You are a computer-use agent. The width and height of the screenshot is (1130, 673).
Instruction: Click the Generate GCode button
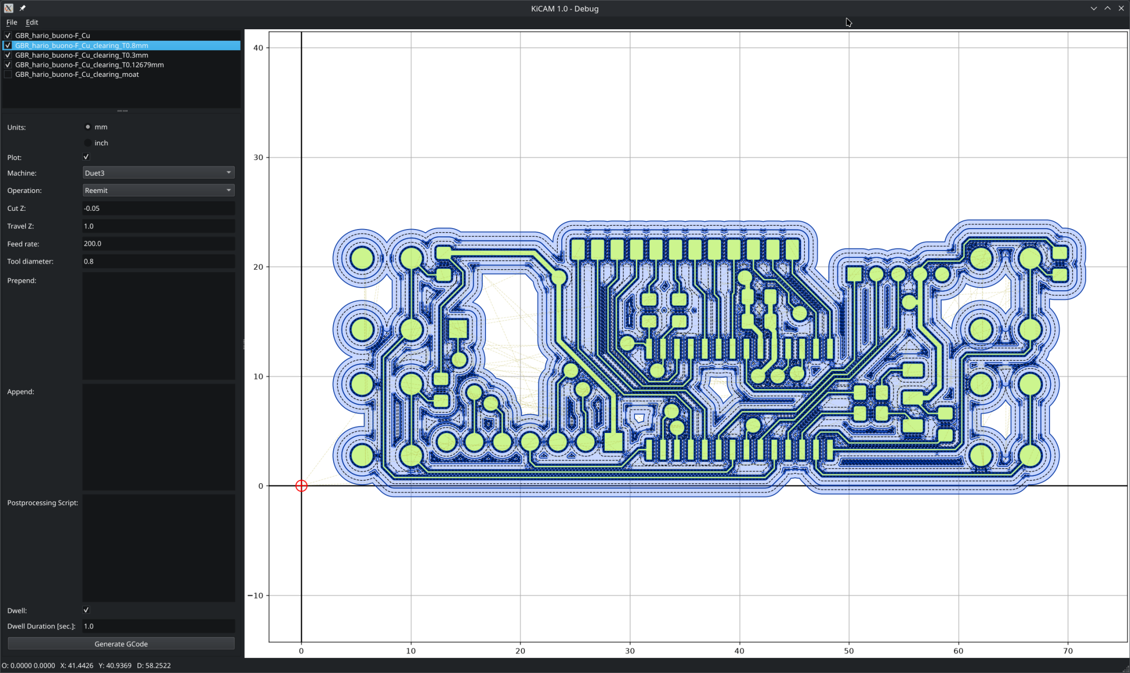[x=121, y=644]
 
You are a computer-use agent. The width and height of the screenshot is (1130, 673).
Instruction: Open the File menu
[x=12, y=22]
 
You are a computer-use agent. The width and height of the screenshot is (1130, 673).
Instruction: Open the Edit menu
[x=32, y=22]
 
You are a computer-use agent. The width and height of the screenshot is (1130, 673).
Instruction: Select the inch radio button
[x=88, y=143]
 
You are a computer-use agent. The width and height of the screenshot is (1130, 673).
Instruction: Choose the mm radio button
[x=88, y=127]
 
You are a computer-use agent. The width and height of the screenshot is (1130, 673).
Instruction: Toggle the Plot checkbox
[x=86, y=157]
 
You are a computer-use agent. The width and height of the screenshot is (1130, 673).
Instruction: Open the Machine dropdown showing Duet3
[x=159, y=173]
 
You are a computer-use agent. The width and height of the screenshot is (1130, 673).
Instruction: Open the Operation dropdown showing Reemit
[x=159, y=190]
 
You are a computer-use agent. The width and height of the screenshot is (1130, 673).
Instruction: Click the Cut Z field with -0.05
[x=159, y=208]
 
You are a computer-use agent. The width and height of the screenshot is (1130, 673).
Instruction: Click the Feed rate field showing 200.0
[x=159, y=244]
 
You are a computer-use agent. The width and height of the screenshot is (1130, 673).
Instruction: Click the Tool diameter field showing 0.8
[x=159, y=261]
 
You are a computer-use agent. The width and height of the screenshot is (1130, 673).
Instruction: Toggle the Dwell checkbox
[x=86, y=610]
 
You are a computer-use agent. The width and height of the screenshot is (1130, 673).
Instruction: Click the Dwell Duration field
[x=159, y=626]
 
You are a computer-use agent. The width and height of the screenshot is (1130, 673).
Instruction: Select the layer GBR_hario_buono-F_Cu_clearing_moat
[x=77, y=75]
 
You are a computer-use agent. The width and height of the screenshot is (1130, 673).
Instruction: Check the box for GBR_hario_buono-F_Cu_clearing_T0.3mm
[x=8, y=55]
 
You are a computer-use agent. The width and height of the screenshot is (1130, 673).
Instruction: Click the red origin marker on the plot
[x=301, y=486]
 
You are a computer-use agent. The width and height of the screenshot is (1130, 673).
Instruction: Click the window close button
[x=1121, y=8]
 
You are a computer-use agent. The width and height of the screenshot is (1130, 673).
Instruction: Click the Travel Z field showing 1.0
[x=159, y=226]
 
